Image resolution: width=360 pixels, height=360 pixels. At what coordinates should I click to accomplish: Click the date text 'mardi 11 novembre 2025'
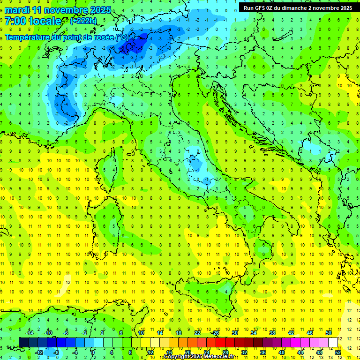point(58,10)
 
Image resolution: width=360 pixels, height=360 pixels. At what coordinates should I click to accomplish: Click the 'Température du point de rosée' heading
point(66,37)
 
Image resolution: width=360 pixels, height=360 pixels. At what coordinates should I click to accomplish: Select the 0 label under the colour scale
point(93,352)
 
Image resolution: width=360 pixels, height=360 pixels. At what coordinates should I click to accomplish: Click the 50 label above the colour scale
point(329,333)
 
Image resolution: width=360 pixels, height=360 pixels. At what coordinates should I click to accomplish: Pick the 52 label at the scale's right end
point(338,352)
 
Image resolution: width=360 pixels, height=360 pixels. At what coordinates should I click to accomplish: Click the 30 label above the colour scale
point(235,333)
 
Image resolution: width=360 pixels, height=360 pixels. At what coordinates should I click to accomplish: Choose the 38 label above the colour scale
point(272,333)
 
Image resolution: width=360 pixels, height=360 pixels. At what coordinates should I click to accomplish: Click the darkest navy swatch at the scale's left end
point(24,342)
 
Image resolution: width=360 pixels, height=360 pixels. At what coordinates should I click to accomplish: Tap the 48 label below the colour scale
point(319,352)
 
